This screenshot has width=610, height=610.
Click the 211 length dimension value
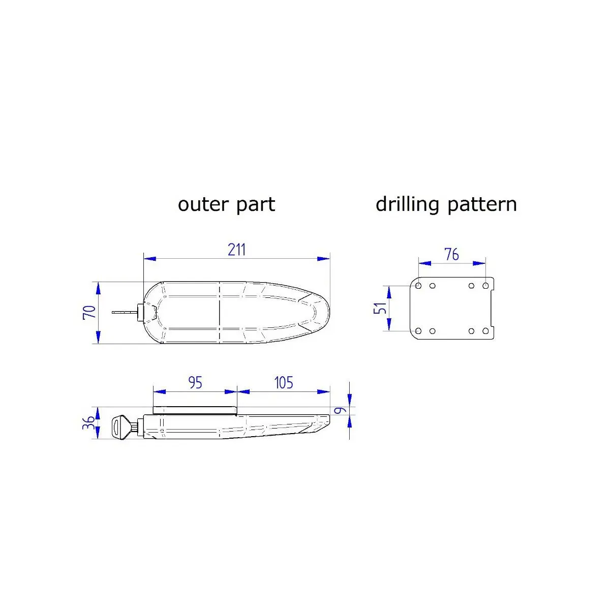point(237,250)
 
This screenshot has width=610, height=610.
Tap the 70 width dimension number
point(89,312)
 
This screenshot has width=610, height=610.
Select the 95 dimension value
point(195,383)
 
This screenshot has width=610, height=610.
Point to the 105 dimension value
point(284,383)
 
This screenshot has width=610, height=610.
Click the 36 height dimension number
point(88,422)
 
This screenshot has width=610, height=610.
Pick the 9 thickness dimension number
point(340,411)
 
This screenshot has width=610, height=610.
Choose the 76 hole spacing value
point(451,255)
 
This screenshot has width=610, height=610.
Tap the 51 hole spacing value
point(381,308)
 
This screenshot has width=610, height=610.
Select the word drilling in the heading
point(407,205)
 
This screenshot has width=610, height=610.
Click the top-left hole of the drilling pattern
point(418,286)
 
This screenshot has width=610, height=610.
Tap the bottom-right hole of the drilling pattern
point(485,331)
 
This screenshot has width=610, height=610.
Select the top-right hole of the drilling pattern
point(485,286)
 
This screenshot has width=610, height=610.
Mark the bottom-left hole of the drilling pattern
point(418,331)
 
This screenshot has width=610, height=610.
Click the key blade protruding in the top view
point(125,313)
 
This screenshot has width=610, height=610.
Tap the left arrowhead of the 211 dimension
point(150,259)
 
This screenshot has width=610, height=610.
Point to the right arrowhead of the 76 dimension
point(479,263)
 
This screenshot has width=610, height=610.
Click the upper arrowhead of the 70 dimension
point(98,288)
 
